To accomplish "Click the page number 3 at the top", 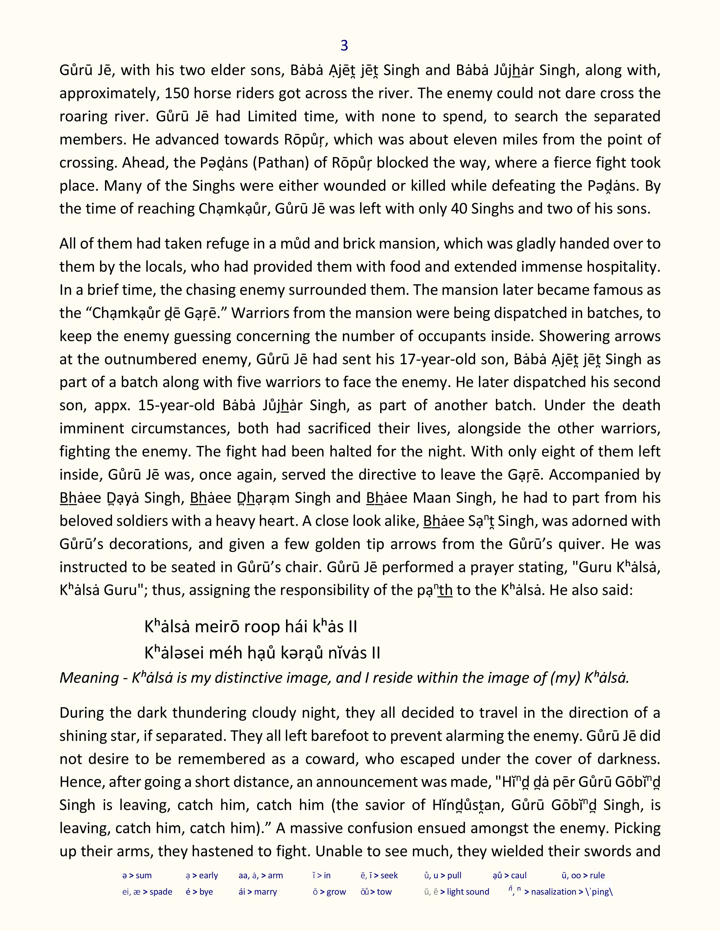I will pos(344,46).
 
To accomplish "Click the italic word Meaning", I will pos(88,677).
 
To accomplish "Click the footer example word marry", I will pos(265,892).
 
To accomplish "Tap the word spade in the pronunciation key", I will pos(161,892).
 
